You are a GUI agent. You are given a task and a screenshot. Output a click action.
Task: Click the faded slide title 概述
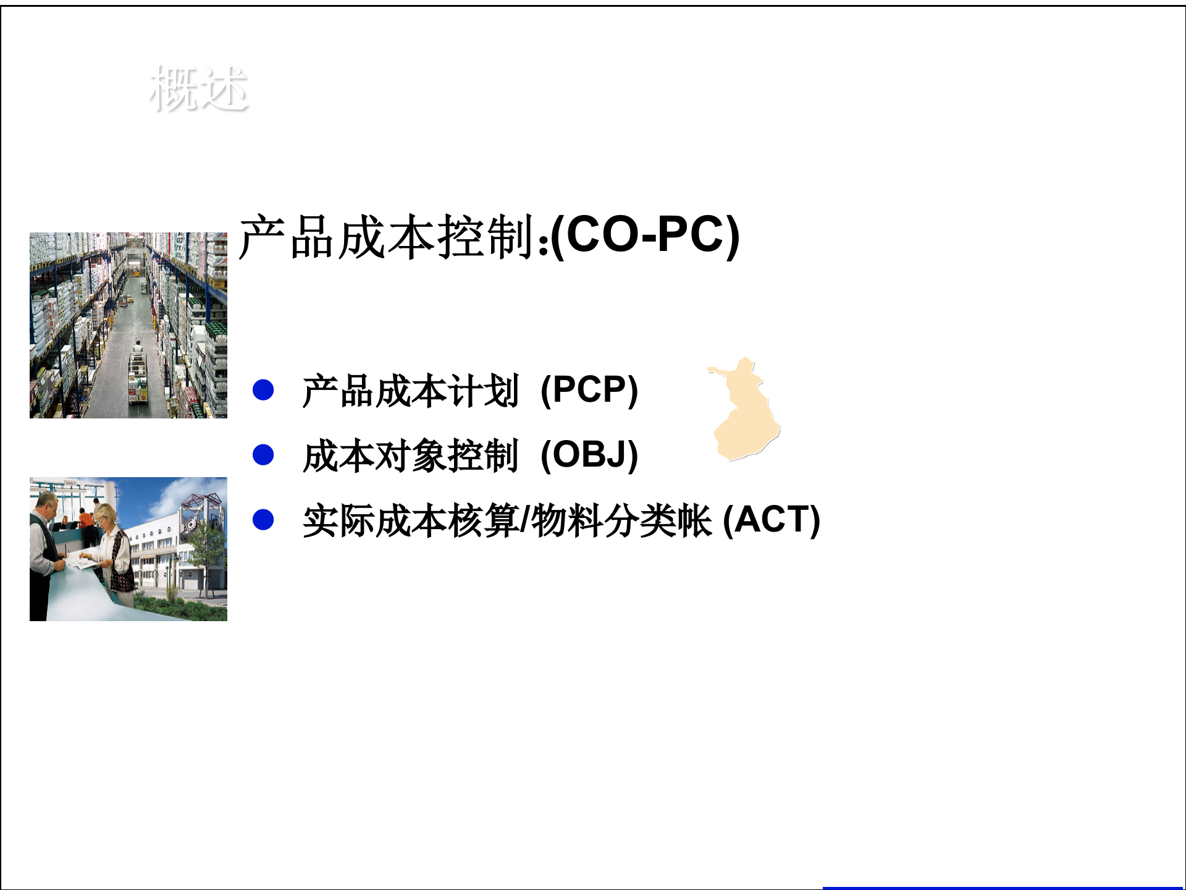[198, 90]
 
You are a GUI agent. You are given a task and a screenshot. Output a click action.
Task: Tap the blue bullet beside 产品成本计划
[263, 390]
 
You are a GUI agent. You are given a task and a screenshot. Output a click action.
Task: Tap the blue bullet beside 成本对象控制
[263, 455]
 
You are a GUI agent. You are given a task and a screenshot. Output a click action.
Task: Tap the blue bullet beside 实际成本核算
[263, 520]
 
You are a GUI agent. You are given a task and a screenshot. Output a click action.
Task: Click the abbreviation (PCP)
[589, 391]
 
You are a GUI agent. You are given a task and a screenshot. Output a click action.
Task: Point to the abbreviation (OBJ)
[589, 456]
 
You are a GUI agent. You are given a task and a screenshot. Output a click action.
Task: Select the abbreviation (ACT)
[771, 520]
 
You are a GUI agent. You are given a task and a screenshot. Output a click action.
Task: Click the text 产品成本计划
[410, 391]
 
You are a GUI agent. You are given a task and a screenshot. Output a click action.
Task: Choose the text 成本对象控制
[410, 456]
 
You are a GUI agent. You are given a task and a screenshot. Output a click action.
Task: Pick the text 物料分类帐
[621, 520]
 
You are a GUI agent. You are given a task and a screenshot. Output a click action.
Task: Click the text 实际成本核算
[410, 520]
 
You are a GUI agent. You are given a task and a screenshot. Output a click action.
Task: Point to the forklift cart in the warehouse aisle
[138, 377]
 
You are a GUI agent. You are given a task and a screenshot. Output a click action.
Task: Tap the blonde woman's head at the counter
[106, 514]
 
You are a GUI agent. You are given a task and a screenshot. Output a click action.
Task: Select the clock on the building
[191, 525]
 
